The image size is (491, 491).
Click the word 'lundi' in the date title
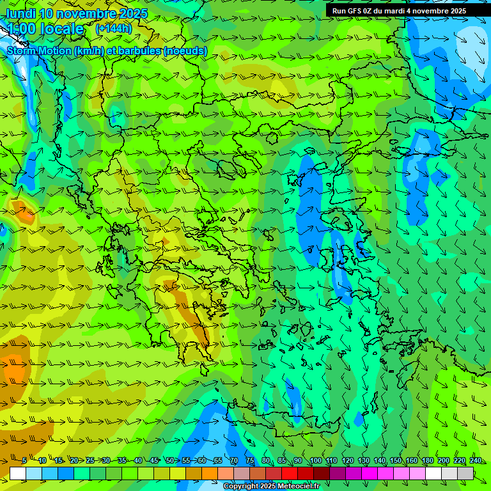tap(21, 13)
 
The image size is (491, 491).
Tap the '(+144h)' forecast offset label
tap(113, 28)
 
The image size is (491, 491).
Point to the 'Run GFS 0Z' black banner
tap(399, 11)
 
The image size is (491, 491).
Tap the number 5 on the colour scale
tap(24, 460)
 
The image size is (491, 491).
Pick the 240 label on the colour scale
tap(475, 460)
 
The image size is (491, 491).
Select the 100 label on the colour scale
tap(315, 460)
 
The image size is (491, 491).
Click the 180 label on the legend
tap(427, 460)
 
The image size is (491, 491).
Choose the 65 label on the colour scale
tap(217, 460)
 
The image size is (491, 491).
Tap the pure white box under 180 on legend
tap(433, 473)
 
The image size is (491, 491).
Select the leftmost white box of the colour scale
tap(18, 473)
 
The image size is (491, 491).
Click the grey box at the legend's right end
tap(465, 473)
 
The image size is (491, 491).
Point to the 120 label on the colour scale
tap(348, 460)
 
